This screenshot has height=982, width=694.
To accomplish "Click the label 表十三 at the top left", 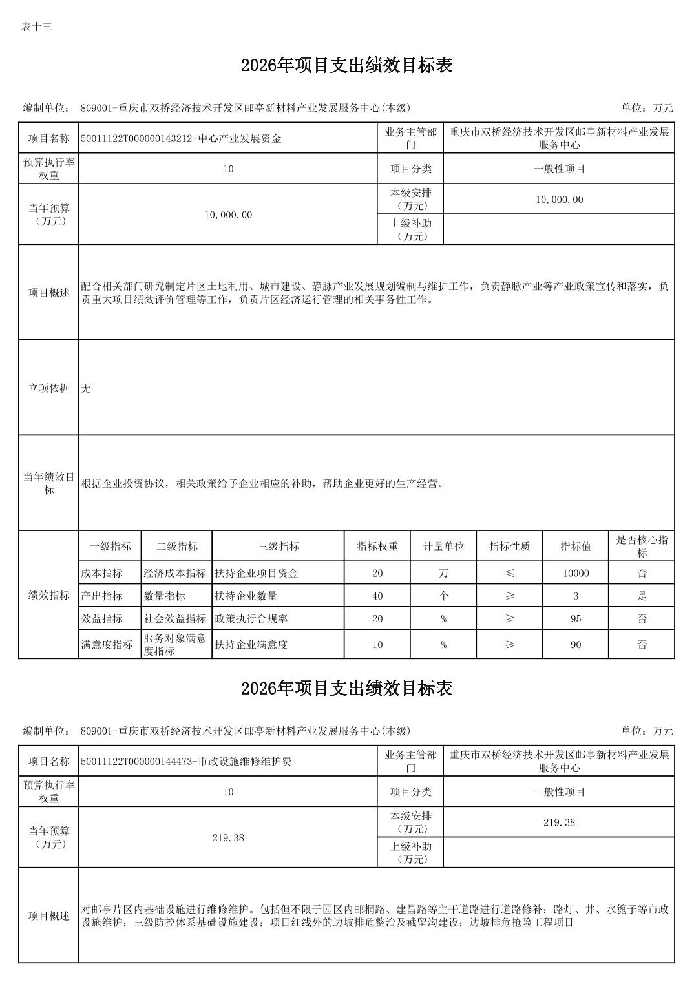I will [37, 27].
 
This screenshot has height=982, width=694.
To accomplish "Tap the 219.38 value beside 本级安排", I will [559, 822].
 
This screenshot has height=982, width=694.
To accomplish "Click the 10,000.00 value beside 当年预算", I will [228, 214].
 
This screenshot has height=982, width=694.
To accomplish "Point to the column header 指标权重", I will [377, 547].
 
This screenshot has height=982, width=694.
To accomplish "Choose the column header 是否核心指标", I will [642, 547].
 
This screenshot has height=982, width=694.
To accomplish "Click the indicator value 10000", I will [575, 573].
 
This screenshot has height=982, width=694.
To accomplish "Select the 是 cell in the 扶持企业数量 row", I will [642, 596].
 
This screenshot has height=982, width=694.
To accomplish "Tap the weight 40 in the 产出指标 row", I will [377, 596].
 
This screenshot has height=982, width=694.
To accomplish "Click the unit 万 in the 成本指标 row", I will [443, 573].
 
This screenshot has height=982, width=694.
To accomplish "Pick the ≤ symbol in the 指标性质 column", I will [510, 573].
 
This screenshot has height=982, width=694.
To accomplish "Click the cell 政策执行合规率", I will [251, 618].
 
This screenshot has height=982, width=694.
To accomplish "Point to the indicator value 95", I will [575, 618].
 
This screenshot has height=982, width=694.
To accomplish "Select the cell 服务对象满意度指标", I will [175, 644].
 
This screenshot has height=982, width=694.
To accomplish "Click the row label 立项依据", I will [49, 388].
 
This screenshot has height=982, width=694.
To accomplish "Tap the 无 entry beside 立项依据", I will [87, 388].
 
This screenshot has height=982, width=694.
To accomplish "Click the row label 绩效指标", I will [49, 595].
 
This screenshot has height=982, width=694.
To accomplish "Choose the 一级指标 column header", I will [110, 547].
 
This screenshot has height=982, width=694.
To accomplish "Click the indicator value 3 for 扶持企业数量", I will [575, 596].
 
